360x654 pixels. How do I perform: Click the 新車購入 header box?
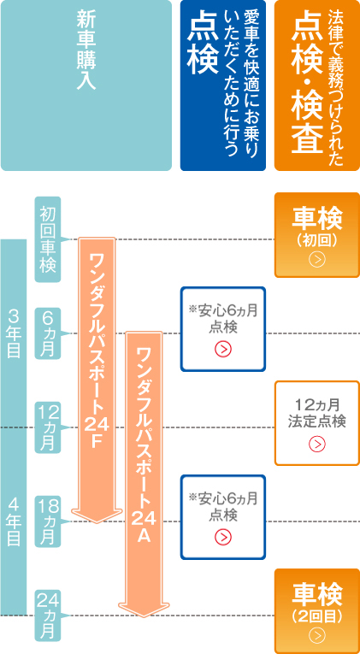(86, 85)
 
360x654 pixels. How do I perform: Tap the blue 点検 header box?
(223, 85)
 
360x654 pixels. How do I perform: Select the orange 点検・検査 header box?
(317, 85)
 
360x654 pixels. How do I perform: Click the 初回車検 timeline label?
(48, 239)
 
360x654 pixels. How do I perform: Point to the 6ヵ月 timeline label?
(48, 333)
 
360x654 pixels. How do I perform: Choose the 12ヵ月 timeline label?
(48, 427)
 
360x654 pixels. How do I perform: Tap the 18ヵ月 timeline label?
(48, 521)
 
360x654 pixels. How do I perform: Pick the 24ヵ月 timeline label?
(48, 616)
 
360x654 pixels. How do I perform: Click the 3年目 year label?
(14, 333)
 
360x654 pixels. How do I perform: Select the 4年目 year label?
(14, 521)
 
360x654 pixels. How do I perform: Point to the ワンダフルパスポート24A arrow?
(144, 474)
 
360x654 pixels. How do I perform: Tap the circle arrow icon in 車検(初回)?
(317, 260)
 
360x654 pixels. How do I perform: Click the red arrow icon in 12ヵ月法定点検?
(317, 445)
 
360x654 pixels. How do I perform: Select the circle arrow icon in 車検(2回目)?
(317, 636)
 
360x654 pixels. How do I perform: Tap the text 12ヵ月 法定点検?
(317, 413)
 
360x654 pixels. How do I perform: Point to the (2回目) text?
(317, 616)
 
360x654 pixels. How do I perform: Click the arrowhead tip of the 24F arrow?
(97, 523)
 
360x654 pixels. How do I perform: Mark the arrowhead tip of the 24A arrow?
(144, 617)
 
